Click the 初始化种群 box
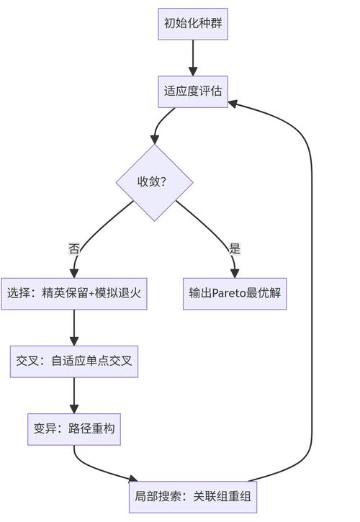point(193,24)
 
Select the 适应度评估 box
point(193,91)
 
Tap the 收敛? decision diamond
point(154,182)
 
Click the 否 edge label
point(74,249)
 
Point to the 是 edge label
point(235,249)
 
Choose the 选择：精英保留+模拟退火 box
point(74,294)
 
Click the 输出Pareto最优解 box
point(235,294)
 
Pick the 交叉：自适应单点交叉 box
point(74,361)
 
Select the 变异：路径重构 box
point(74,429)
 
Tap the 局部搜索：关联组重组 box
point(193,497)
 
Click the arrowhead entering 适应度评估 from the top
point(193,71)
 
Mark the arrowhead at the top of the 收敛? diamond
point(155,139)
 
